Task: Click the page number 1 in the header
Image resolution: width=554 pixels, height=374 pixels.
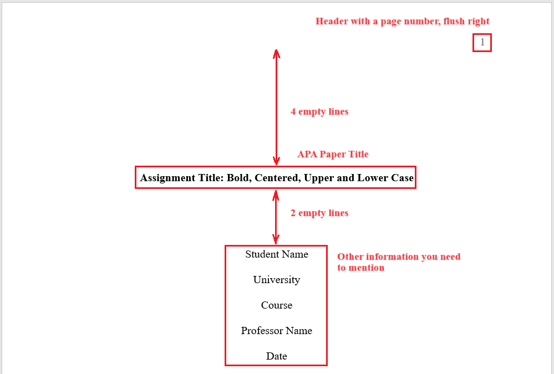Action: [x=482, y=43]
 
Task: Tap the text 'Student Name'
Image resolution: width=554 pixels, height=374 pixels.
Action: [x=276, y=254]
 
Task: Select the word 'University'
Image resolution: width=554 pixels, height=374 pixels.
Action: [x=276, y=280]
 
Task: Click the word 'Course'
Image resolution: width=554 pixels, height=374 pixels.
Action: [x=276, y=305]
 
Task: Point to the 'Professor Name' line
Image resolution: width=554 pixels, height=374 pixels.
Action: [x=276, y=331]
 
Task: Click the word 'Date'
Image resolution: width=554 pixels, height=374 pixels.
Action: [x=276, y=356]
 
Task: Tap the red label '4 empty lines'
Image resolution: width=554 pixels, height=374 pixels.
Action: [x=319, y=112]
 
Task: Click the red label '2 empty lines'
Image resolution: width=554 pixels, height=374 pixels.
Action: [x=319, y=213]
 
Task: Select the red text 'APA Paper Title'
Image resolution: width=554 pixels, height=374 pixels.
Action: [x=333, y=154]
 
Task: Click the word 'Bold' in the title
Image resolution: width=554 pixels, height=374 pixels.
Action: [x=238, y=178]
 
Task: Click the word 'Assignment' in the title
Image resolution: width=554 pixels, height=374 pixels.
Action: [x=167, y=178]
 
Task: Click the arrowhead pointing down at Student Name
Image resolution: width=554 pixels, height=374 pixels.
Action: [x=276, y=240]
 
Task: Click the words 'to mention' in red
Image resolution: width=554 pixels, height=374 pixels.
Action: [x=360, y=268]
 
